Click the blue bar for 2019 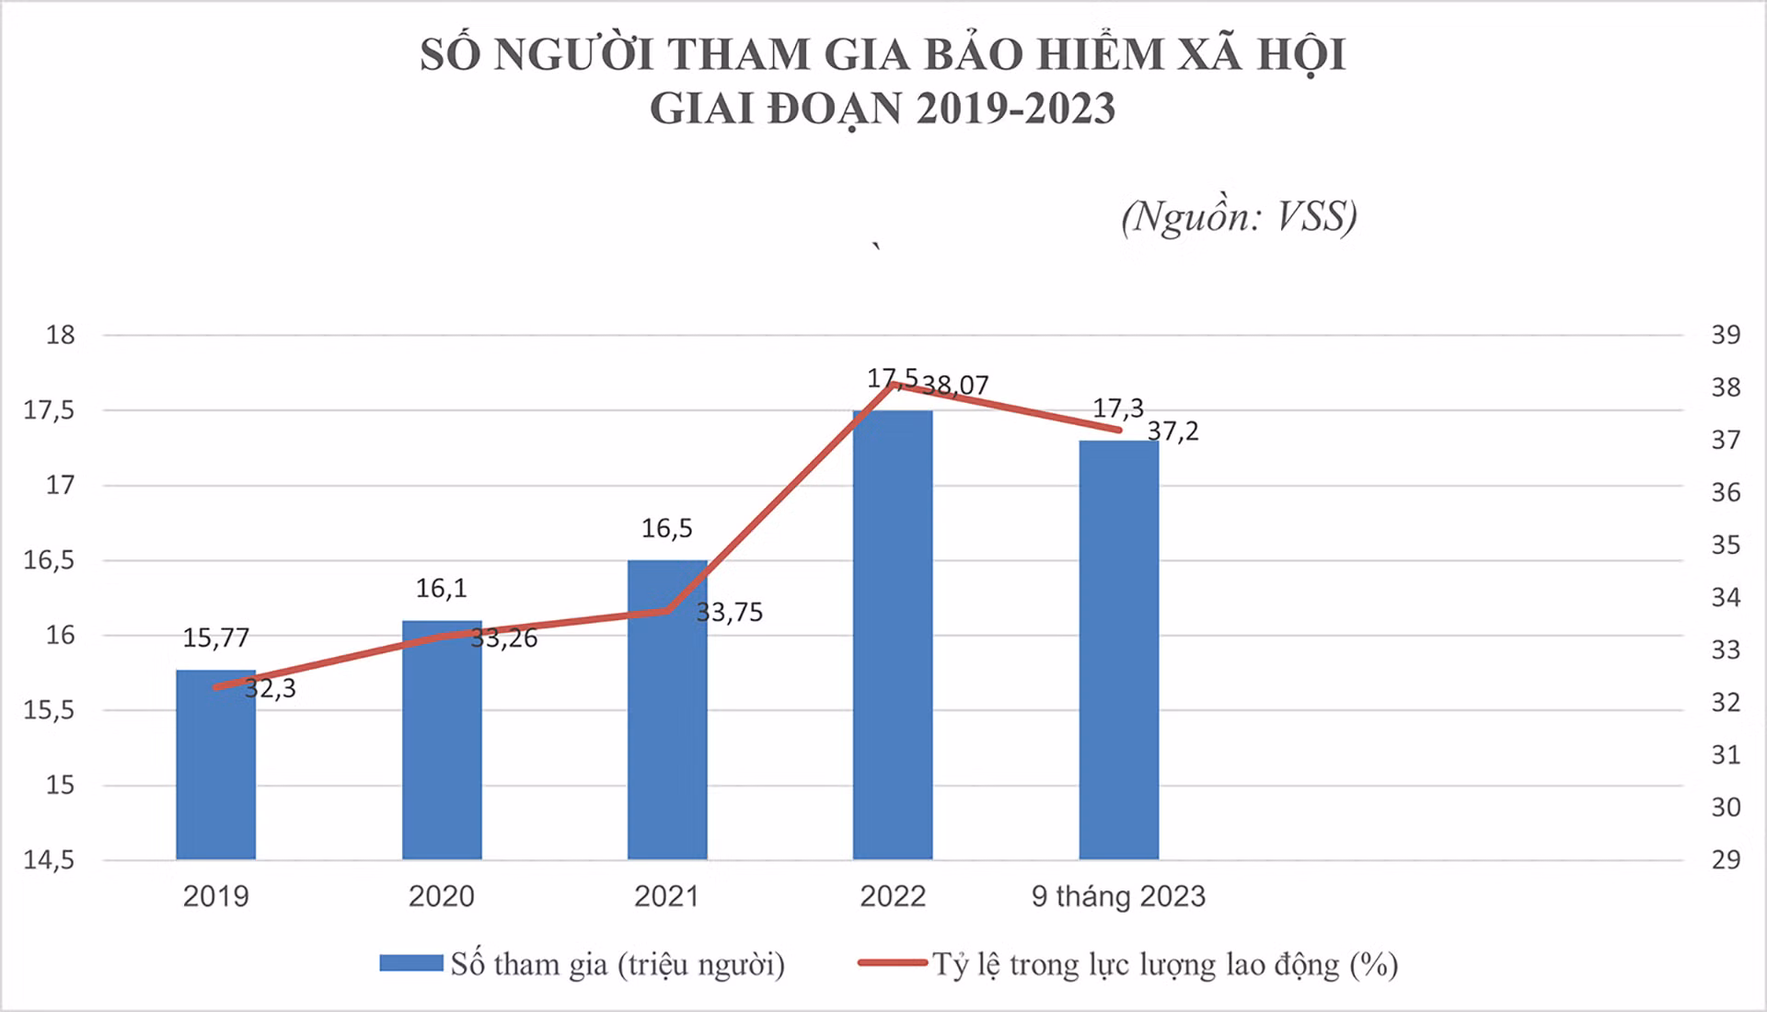click(x=216, y=765)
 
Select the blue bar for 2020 click(x=442, y=740)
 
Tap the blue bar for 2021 click(x=667, y=710)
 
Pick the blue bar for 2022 click(x=893, y=635)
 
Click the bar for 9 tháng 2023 click(x=1119, y=650)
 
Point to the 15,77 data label click(x=216, y=638)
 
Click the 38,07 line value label click(x=955, y=385)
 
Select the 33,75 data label click(x=730, y=613)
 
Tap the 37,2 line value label click(x=1173, y=431)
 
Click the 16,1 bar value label click(x=442, y=588)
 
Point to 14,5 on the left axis click(x=50, y=861)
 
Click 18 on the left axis click(x=61, y=335)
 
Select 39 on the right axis click(x=1727, y=335)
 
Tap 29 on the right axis click(x=1727, y=860)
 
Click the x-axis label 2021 click(x=667, y=896)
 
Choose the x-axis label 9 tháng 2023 click(x=1118, y=897)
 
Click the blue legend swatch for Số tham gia click(x=411, y=963)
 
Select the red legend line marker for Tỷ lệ click(x=893, y=963)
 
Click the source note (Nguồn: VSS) click(x=1240, y=217)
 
